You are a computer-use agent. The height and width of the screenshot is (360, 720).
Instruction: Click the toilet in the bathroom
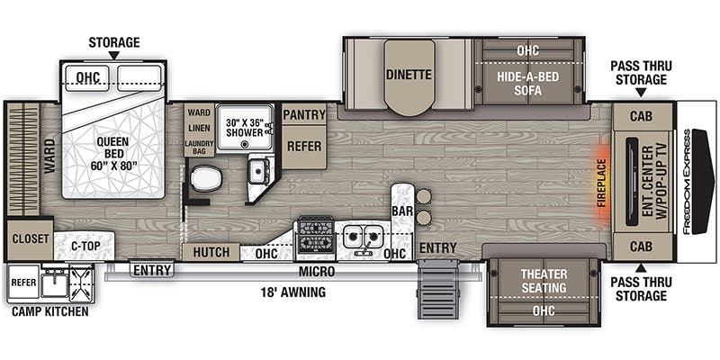tap(204, 178)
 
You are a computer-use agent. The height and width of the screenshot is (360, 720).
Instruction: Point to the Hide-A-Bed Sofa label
tap(527, 83)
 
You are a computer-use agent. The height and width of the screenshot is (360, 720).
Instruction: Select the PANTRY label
tap(304, 115)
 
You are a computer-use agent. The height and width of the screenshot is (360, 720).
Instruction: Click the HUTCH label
tap(211, 253)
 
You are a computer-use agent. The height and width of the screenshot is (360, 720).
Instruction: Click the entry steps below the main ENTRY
tap(436, 287)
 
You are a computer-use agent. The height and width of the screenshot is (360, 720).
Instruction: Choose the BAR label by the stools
tap(401, 211)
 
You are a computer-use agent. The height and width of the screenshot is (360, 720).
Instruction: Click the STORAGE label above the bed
tap(113, 41)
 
